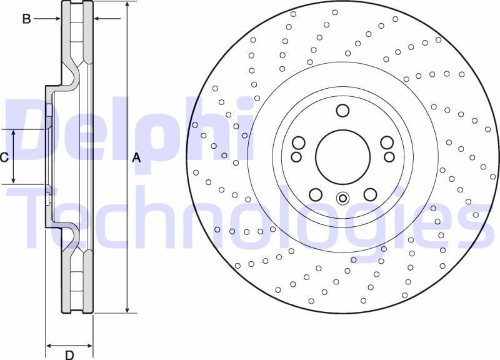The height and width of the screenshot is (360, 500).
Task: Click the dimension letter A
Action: (x=137, y=158)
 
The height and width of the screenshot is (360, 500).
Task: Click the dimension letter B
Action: (x=26, y=19)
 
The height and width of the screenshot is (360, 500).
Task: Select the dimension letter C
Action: (x=4, y=157)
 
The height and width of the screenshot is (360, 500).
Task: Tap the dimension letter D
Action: (x=69, y=355)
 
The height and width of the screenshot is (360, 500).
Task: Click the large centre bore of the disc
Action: (x=342, y=157)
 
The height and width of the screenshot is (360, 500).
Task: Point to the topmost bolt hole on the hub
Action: (x=342, y=111)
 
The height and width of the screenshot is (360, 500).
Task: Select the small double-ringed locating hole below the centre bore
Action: (x=342, y=199)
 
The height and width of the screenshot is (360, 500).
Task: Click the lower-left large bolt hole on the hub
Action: (x=316, y=194)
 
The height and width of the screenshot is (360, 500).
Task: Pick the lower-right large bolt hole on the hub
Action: (x=370, y=194)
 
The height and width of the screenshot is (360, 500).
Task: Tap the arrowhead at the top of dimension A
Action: (x=127, y=4)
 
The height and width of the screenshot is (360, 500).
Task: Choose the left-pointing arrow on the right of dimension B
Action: (x=97, y=19)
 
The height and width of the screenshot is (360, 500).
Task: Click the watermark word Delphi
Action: (x=131, y=134)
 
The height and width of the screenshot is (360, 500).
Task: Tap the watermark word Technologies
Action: (x=250, y=216)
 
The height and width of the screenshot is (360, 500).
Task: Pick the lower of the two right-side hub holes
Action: (x=389, y=157)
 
